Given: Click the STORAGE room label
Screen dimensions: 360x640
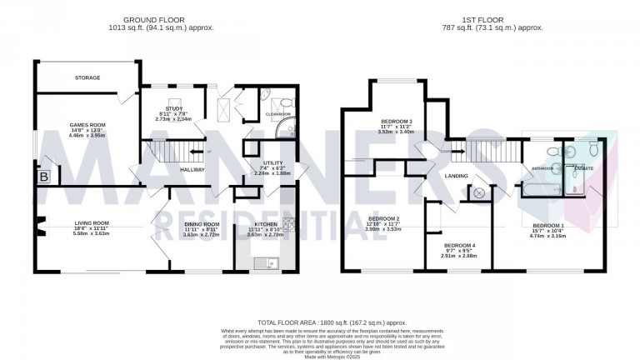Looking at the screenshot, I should click(87, 77).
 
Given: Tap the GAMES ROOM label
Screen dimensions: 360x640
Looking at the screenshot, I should click(87, 123).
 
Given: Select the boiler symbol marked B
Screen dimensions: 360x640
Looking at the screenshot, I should click(43, 177).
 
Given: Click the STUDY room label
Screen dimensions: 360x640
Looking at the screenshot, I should click(174, 108).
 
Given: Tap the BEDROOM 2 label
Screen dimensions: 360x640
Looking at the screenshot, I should click(385, 220).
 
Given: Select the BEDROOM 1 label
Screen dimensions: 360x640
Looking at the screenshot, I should click(548, 226).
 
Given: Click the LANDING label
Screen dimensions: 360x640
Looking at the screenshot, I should click(456, 176).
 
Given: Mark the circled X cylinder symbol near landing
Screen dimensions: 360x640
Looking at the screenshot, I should click(479, 193).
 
